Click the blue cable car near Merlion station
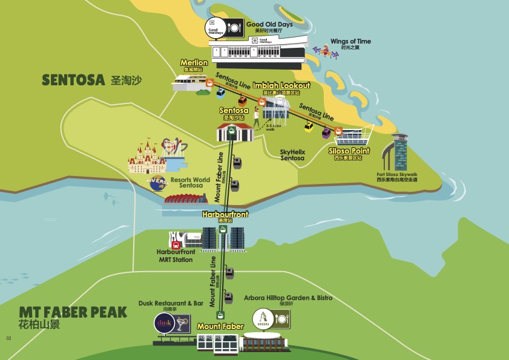(222, 93)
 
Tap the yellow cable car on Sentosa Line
(309, 126)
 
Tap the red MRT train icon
(176, 245)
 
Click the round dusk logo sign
(165, 324)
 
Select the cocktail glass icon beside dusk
(182, 324)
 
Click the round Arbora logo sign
(262, 318)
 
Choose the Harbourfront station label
(225, 214)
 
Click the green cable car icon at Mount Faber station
(221, 315)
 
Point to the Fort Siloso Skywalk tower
(401, 151)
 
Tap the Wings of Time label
(350, 42)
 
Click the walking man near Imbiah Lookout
(255, 114)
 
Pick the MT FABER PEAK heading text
(73, 312)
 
